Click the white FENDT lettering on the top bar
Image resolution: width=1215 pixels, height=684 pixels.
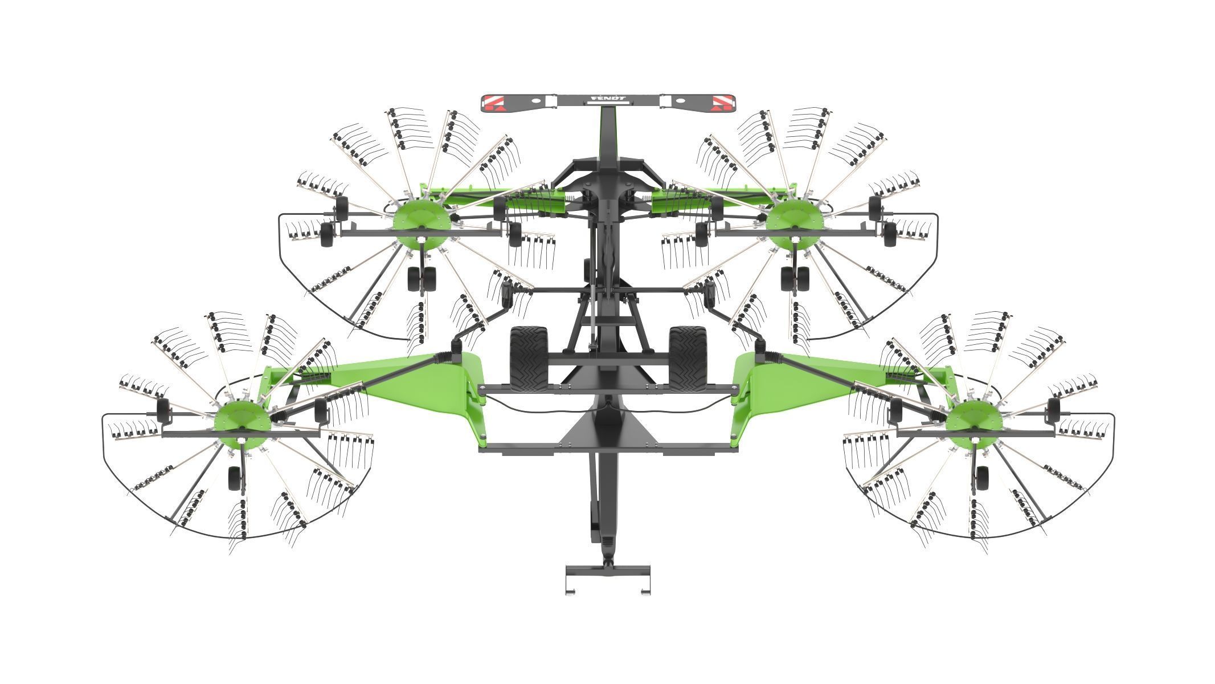(607, 99)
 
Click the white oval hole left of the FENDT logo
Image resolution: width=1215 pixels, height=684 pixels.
(537, 100)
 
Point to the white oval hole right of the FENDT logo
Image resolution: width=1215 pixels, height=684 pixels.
(678, 100)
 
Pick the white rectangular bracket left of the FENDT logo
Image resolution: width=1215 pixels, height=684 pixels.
(550, 101)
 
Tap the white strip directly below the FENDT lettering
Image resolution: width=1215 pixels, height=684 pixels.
(607, 104)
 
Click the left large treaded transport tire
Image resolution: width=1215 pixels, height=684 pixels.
(528, 359)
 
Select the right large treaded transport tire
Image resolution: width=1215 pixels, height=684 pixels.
(688, 359)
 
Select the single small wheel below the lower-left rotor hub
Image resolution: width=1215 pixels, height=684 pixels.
(235, 479)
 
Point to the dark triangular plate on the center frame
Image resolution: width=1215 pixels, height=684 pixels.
(607, 427)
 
